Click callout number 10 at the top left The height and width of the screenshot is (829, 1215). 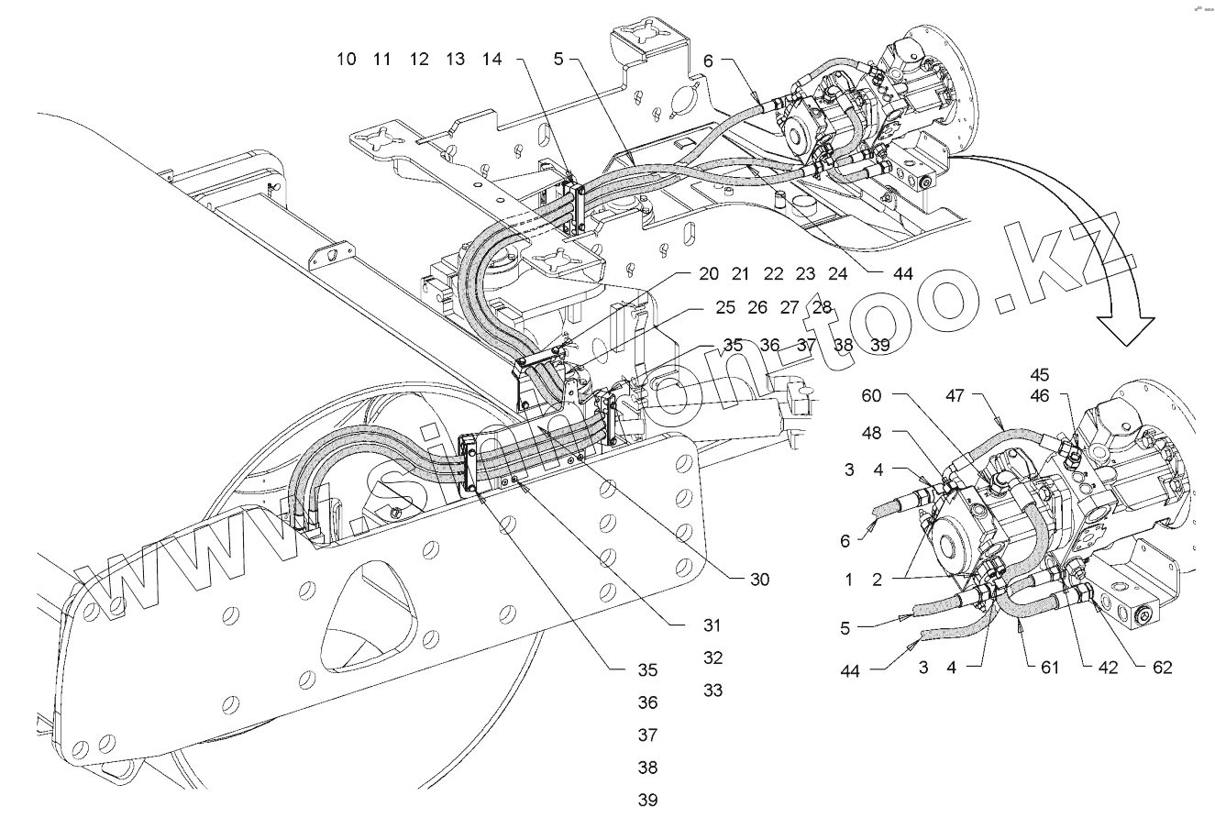[347, 60]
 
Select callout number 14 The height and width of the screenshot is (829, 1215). [492, 60]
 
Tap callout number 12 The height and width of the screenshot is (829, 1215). [419, 60]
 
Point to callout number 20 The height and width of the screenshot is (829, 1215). [709, 274]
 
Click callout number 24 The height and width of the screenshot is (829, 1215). [837, 274]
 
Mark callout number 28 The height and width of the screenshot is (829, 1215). [822, 308]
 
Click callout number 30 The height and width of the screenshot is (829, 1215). [758, 580]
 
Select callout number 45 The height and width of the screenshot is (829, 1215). [1066, 375]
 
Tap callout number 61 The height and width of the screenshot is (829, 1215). [1050, 668]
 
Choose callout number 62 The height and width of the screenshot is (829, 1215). [1162, 668]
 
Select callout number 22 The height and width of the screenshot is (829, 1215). [773, 274]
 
